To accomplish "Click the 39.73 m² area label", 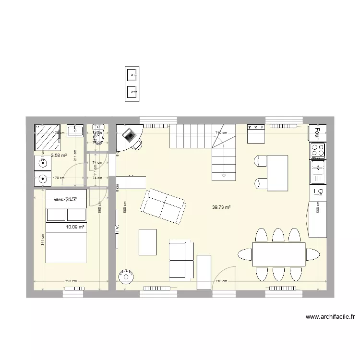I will pos(221,207).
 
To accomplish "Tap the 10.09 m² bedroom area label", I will pos(72,227).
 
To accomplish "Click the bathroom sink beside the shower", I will pos(76,130).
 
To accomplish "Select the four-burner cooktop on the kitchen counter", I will pos(318,151).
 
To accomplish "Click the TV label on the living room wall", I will pos(117,229).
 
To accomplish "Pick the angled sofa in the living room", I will pos(163,206).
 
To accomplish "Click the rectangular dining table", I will pos(279,254).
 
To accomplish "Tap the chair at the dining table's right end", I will pos(312,254).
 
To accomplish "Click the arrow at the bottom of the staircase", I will pos(224,176).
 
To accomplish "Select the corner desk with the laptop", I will pos(130,136).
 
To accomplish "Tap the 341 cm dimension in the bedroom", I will pos(42,239).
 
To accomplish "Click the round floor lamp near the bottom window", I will pos(126,277).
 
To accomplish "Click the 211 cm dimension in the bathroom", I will pos(75,156).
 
